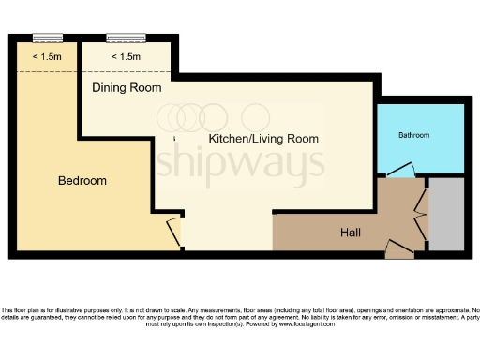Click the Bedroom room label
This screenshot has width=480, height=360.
[82, 180]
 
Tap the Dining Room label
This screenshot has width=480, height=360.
[127, 87]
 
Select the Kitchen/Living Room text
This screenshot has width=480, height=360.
[262, 138]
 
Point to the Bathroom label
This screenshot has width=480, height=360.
[413, 135]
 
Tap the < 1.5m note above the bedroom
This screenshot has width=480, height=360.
[48, 57]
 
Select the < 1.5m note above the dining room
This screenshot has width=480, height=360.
[127, 57]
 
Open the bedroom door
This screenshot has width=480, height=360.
[173, 231]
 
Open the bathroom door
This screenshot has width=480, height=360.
[400, 172]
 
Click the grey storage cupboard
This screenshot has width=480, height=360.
[445, 215]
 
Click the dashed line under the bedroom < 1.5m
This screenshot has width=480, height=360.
[48, 70]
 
